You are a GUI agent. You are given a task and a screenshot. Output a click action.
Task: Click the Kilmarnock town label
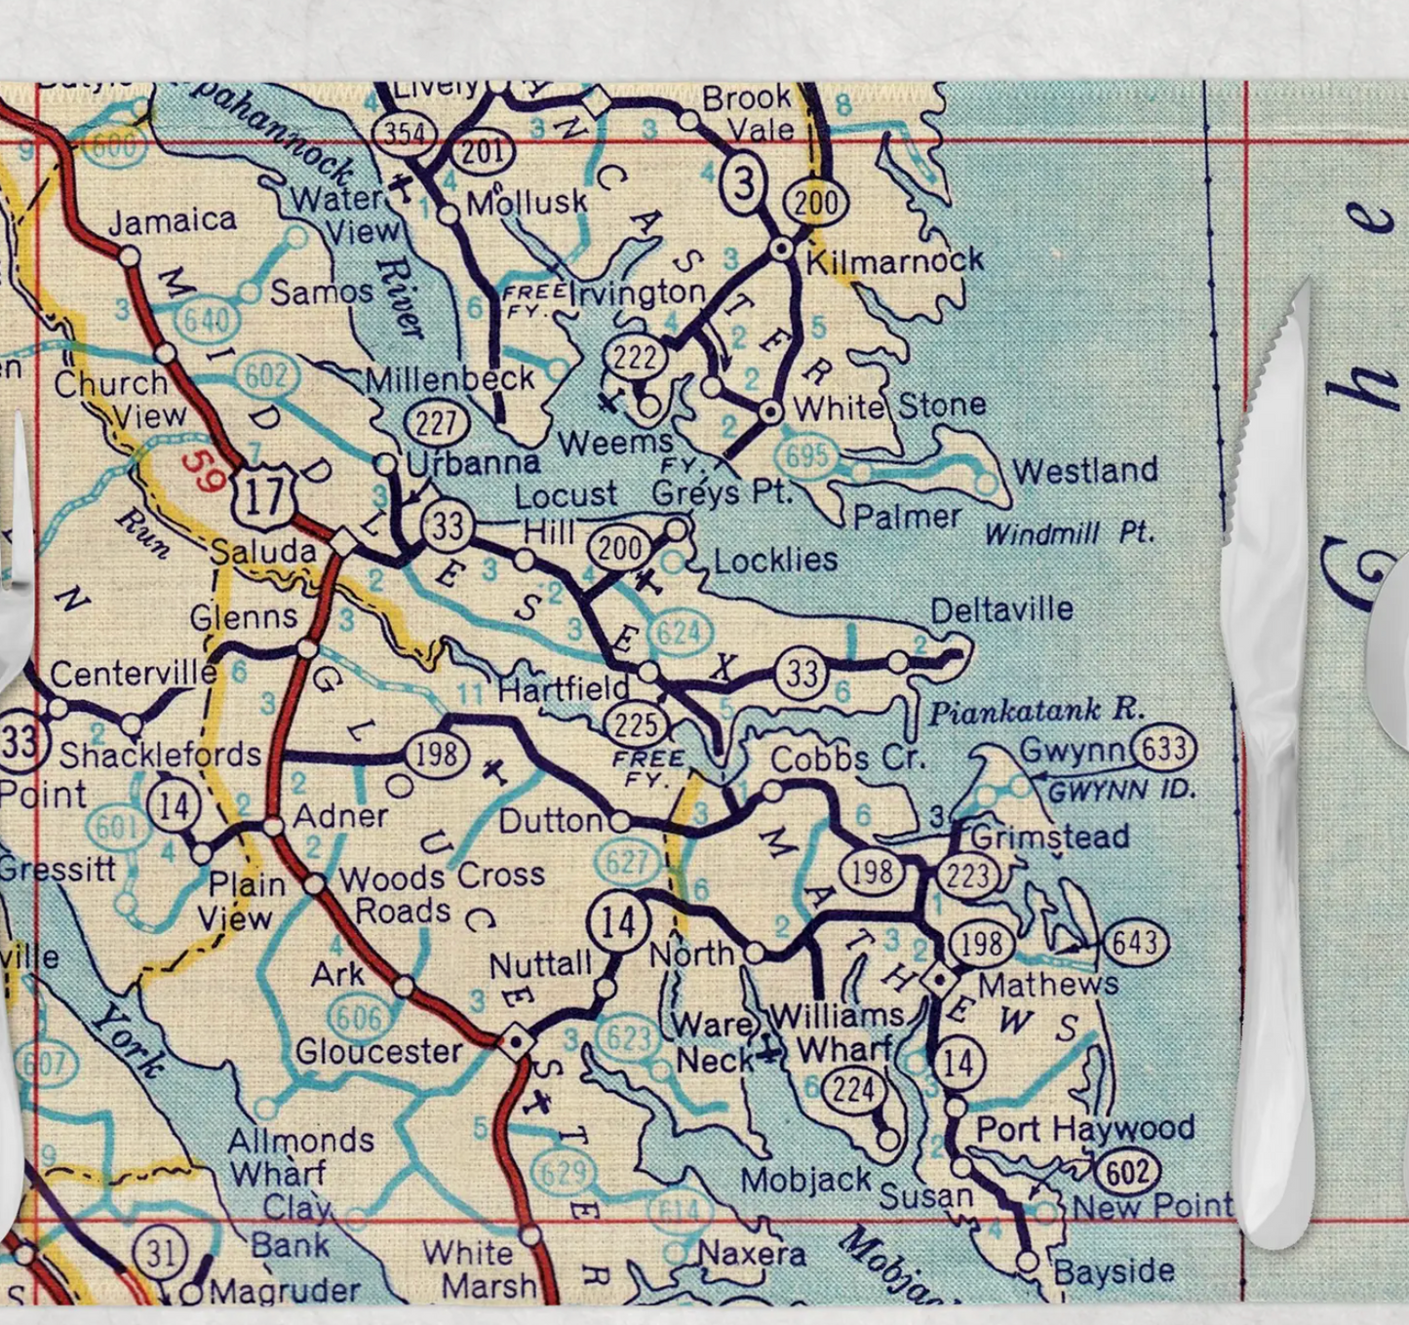(894, 260)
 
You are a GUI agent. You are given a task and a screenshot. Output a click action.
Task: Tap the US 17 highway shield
(263, 496)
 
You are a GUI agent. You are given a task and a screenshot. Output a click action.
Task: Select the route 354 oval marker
(405, 132)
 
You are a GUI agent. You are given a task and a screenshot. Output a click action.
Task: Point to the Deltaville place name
(1001, 610)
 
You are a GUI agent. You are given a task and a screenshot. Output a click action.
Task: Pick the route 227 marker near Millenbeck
(436, 422)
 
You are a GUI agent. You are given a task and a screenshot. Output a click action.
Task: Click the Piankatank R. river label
(1036, 711)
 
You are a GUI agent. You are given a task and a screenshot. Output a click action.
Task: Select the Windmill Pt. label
(1069, 533)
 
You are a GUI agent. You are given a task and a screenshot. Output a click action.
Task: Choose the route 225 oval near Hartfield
(635, 724)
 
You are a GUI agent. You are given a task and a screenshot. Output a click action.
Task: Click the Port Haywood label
(1085, 1129)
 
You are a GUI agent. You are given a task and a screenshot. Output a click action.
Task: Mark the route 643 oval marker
(1136, 943)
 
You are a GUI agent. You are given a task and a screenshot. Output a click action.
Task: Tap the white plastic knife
(1268, 760)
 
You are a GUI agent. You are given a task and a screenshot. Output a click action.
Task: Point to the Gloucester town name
(379, 1051)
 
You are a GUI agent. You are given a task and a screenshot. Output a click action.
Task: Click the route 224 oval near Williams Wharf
(853, 1089)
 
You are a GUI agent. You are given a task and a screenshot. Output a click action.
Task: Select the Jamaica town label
(172, 220)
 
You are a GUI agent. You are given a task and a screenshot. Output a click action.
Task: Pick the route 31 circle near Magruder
(161, 1253)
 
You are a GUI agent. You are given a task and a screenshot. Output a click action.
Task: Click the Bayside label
(1114, 1271)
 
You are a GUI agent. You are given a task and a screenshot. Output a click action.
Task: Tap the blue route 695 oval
(807, 454)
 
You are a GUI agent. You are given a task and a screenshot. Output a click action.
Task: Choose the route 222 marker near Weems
(635, 356)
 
